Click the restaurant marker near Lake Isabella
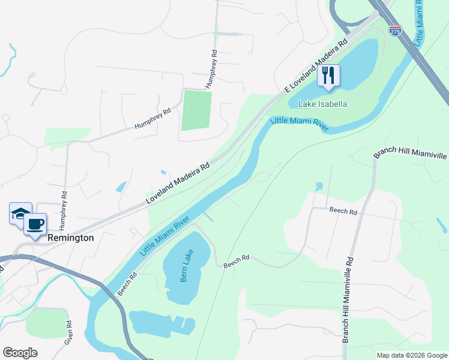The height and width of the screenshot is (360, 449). pos(328,76)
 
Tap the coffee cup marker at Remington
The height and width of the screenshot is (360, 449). pos(35,224)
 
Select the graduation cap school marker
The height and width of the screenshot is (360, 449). pos(20,214)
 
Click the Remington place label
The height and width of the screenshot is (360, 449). pos(71,238)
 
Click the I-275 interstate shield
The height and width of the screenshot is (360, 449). pos(395,31)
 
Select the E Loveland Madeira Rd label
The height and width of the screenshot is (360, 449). pos(316,65)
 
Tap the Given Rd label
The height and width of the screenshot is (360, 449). pos(70,331)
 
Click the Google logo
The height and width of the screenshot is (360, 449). pos(20,353)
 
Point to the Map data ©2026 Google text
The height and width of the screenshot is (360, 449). pos(411,355)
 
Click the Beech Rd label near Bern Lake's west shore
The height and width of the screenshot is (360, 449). pos(127,283)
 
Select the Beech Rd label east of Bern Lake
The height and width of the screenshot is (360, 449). pos(236,260)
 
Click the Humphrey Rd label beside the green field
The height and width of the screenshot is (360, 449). pos(210,69)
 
